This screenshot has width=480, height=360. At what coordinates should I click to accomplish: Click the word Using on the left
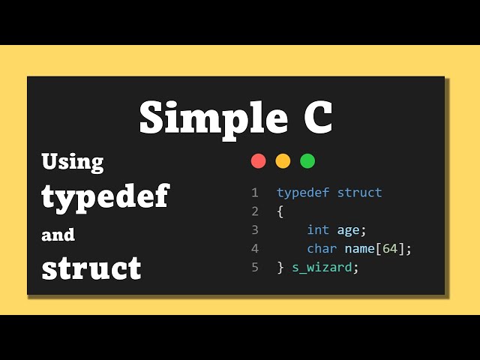(x=73, y=162)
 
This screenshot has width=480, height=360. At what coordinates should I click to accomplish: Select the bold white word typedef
(x=105, y=196)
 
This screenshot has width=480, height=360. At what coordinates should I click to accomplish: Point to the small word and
(x=58, y=235)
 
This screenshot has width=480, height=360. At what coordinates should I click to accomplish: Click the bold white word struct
(x=91, y=268)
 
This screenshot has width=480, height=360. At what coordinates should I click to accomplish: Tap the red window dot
(x=259, y=160)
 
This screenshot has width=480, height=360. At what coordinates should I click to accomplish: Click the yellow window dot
(x=283, y=160)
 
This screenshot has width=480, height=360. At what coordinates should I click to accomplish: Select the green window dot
(x=307, y=160)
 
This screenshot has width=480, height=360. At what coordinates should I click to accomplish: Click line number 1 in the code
(x=255, y=193)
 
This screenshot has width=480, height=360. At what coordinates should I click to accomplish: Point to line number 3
(x=255, y=229)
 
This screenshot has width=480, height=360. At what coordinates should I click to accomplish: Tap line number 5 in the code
(x=255, y=266)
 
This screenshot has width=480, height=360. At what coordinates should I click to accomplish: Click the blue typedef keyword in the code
(x=303, y=193)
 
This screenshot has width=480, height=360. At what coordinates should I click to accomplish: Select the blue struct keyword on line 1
(x=360, y=193)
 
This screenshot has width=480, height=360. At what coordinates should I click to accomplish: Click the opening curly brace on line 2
(x=280, y=211)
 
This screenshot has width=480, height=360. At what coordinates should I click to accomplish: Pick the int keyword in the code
(x=318, y=229)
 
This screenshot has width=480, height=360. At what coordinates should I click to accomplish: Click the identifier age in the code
(x=349, y=230)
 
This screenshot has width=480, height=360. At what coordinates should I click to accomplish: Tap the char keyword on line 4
(x=322, y=248)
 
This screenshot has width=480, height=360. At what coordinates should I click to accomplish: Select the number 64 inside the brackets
(x=390, y=248)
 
